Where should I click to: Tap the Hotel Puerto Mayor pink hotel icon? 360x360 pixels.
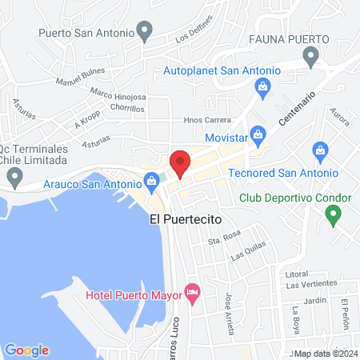[191, 294]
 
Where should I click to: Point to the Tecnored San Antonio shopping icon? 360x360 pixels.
[320, 151]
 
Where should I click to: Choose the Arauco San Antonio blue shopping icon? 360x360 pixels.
[151, 185]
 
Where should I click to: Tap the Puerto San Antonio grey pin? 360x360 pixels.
[145, 33]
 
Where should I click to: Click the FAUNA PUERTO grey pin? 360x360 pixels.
[311, 56]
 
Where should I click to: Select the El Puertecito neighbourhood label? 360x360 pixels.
[185, 218]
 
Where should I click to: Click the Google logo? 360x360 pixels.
[26, 350]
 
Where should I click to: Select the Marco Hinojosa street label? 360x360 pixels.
[118, 96]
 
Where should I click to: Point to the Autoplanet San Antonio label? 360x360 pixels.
[222, 70]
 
